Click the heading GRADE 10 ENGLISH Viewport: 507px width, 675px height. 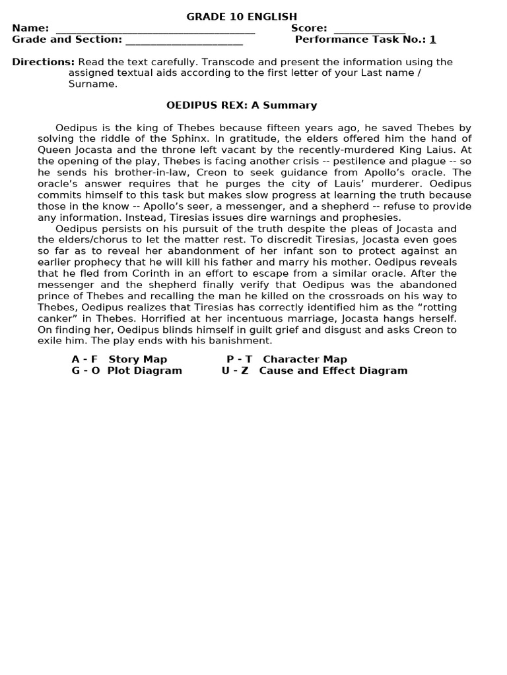(242, 16)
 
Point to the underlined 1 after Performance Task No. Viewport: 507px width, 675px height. (433, 40)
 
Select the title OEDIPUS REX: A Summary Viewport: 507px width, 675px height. (242, 105)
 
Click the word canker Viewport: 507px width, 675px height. (57, 318)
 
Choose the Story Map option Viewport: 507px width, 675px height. (137, 359)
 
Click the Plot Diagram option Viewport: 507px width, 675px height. (144, 370)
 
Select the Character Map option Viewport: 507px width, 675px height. (304, 359)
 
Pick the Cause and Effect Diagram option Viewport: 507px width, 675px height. (333, 370)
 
